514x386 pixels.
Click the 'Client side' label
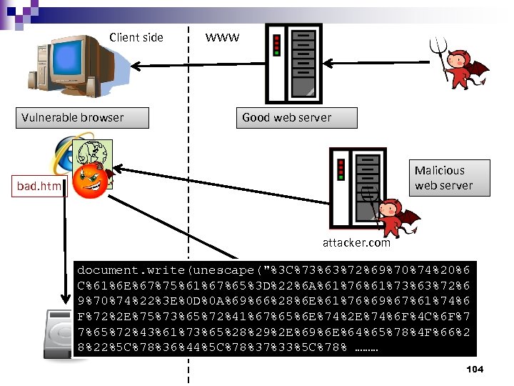[x=136, y=37]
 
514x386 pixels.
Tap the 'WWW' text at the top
[x=222, y=37]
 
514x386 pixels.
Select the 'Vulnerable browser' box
[x=82, y=118]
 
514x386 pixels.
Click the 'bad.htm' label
[x=39, y=187]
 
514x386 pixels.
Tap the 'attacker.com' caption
[x=356, y=242]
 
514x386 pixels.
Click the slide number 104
[x=473, y=369]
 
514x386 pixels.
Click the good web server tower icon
[x=292, y=61]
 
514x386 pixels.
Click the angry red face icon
[x=91, y=181]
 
